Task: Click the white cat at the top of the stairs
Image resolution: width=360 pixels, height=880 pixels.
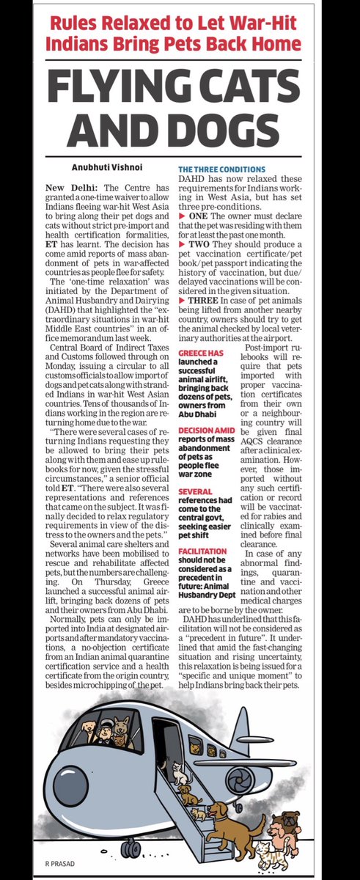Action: pos(178,771)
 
